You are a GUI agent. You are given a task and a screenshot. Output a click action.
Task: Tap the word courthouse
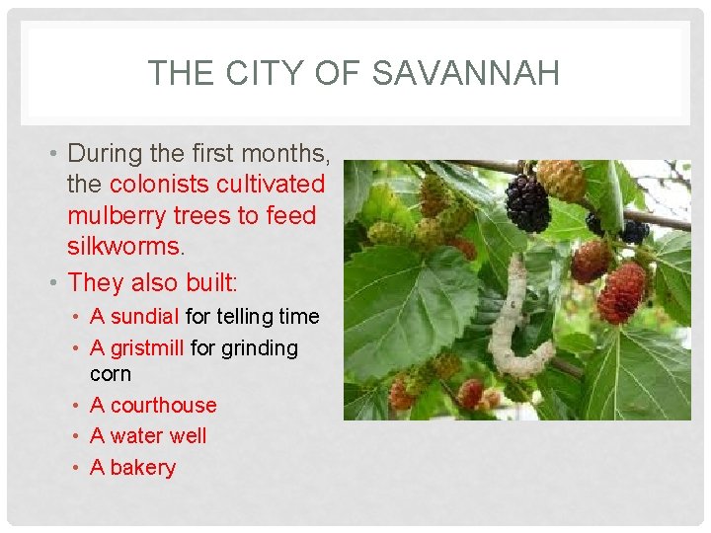click(x=163, y=406)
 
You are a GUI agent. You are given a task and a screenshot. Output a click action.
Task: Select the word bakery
click(x=142, y=468)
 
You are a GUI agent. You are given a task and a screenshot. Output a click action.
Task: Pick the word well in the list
click(x=189, y=436)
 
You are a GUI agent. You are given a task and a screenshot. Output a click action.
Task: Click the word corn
click(x=110, y=375)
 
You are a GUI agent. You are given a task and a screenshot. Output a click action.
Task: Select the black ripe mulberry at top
click(x=526, y=203)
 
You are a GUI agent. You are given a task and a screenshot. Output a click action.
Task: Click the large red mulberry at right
click(x=622, y=292)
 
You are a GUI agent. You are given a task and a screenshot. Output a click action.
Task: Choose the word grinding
click(x=258, y=348)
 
